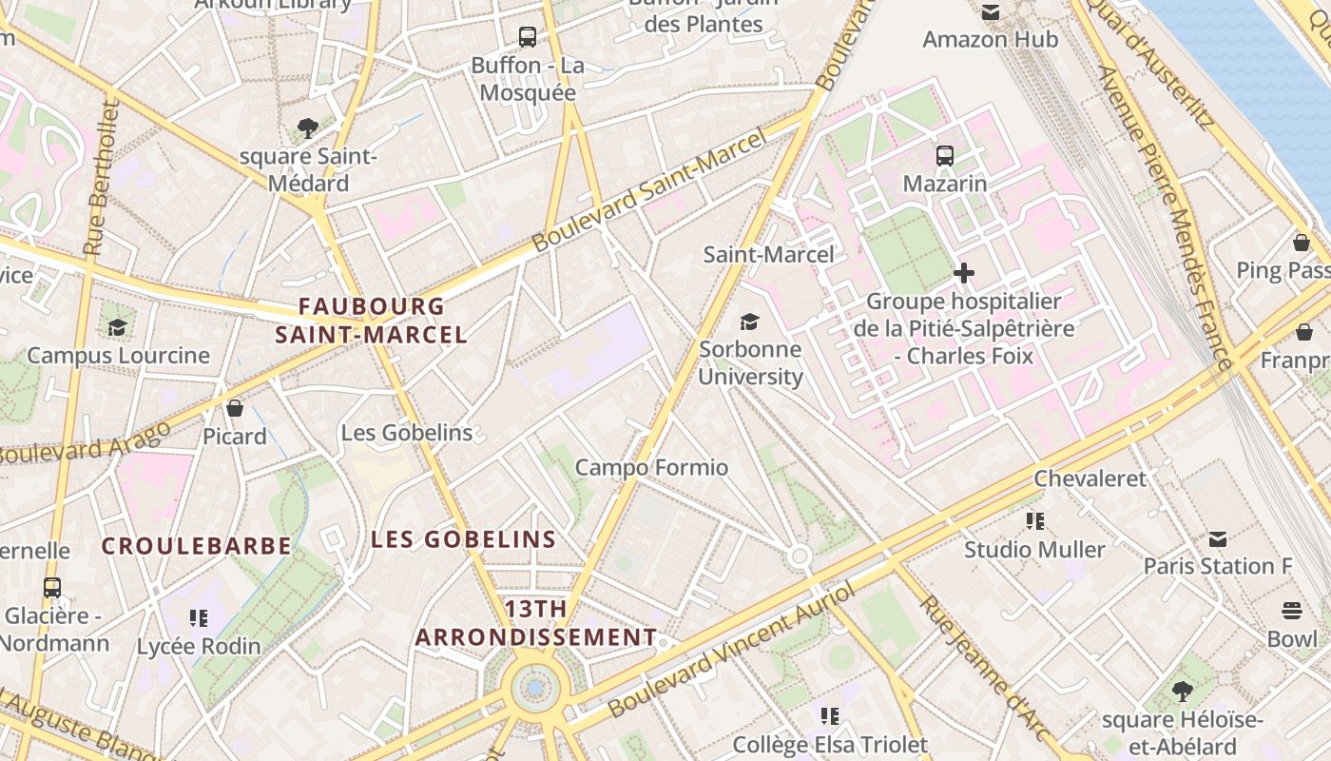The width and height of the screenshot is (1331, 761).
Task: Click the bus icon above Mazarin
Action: [x=944, y=156]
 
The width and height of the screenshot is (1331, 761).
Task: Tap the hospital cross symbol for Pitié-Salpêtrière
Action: [x=963, y=274]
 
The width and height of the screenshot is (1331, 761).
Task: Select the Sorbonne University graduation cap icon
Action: [x=750, y=322]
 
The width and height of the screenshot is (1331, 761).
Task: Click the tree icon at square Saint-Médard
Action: [x=307, y=128]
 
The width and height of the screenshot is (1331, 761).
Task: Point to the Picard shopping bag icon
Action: [x=235, y=408]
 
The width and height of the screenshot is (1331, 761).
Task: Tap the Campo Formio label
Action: [x=651, y=467]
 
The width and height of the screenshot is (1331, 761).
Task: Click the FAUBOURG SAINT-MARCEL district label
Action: [x=371, y=321]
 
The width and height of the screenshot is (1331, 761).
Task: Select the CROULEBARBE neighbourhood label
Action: [x=197, y=546]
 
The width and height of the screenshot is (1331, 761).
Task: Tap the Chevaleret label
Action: [x=1090, y=478]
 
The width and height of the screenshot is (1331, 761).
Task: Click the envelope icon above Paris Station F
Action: [x=1218, y=539]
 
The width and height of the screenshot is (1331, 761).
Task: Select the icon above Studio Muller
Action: [x=1035, y=520]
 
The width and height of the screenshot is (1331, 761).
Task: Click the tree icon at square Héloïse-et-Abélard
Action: [x=1183, y=692]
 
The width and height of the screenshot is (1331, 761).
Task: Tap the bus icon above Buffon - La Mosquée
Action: [x=528, y=37]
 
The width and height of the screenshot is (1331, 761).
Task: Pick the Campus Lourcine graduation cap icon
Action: [x=118, y=328]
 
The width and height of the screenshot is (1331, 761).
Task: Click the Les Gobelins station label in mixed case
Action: [x=407, y=433]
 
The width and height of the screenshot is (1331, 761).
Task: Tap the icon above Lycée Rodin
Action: [x=198, y=618]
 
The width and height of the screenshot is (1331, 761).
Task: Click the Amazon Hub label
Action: [x=990, y=39]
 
